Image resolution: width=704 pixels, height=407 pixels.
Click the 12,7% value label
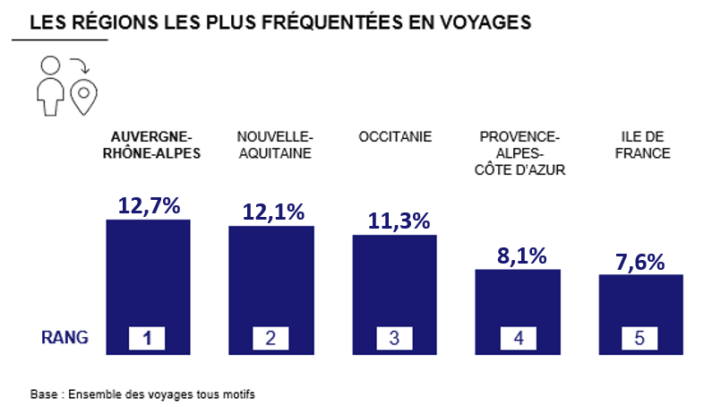click(149, 206)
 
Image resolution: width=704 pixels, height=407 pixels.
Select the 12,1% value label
click(273, 212)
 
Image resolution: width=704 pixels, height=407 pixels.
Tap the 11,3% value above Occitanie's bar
click(399, 221)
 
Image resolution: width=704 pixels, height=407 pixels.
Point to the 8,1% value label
click(521, 255)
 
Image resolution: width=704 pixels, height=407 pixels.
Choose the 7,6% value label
click(640, 262)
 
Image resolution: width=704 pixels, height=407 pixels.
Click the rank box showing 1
click(147, 338)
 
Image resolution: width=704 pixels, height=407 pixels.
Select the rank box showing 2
click(270, 338)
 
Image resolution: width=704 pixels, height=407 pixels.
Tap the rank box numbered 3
click(394, 338)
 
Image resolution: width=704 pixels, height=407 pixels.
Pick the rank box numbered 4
click(518, 338)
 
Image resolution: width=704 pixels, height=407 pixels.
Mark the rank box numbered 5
click(640, 338)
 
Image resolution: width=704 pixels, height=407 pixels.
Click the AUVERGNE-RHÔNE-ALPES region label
click(151, 145)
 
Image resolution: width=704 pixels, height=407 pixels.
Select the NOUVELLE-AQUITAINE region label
click(275, 145)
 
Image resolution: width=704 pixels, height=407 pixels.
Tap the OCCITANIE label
click(395, 136)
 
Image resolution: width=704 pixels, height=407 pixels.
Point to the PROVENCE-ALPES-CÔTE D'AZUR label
click(519, 153)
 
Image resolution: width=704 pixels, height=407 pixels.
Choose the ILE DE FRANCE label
click(642, 145)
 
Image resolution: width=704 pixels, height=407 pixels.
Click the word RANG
click(64, 338)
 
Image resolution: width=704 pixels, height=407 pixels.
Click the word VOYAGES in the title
click(485, 22)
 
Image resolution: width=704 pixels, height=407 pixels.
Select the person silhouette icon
click(50, 86)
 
